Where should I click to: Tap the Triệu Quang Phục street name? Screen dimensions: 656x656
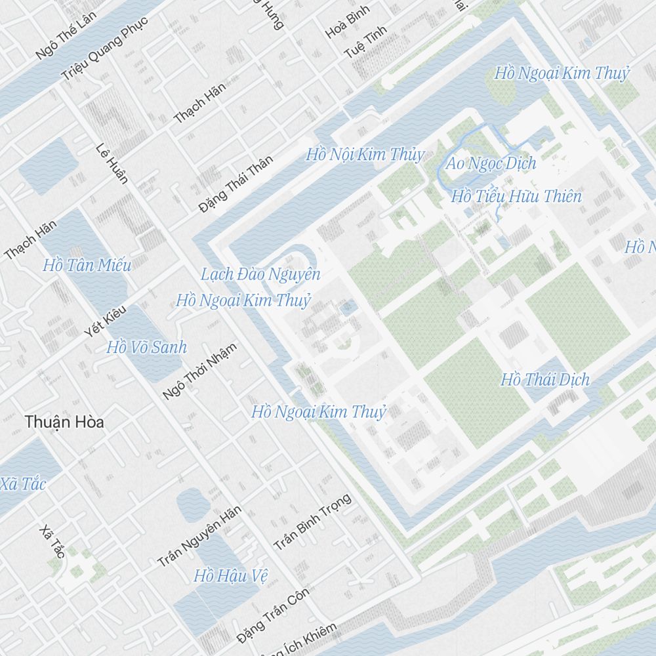coord(105,49)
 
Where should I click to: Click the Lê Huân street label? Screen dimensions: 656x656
coord(112,163)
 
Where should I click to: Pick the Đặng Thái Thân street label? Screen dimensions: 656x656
coord(236,184)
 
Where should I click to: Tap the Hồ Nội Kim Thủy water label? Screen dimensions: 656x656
coord(365,155)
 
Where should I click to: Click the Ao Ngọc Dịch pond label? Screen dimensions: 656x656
coord(491,163)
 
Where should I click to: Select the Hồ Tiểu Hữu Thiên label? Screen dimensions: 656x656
coord(516,195)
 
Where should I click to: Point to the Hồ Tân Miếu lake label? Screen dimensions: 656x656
coord(87,265)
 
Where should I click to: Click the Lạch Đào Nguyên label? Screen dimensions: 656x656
coord(260,274)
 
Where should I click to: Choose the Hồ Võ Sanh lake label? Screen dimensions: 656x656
coord(146,347)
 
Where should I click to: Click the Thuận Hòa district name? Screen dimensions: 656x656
coord(64,422)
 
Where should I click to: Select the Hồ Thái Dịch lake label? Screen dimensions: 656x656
coord(544,379)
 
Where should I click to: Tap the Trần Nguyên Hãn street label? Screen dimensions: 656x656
coord(199,536)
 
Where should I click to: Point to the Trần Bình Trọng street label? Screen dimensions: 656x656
coord(312,522)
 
